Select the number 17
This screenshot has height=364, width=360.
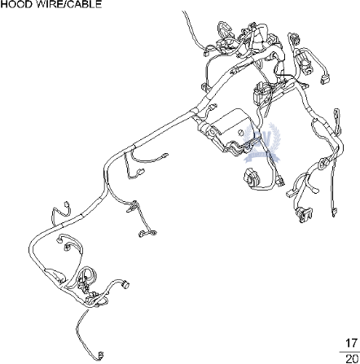(x=351, y=344)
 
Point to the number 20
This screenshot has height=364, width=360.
(x=352, y=359)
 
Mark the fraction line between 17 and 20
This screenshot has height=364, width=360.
(x=350, y=352)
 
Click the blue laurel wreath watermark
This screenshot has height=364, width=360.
(x=262, y=143)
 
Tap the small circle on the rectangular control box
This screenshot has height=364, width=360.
(x=240, y=133)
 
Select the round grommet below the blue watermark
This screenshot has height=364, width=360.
(x=252, y=178)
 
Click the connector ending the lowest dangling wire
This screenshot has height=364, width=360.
(x=101, y=355)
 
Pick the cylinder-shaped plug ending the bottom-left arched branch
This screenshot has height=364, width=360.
(x=125, y=284)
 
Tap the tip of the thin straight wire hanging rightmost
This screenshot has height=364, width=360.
(x=334, y=213)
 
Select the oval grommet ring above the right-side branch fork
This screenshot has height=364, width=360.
(x=322, y=164)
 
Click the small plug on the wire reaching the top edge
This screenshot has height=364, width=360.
(x=208, y=51)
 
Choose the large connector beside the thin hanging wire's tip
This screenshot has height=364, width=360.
(x=305, y=213)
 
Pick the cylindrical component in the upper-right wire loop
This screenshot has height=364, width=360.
(x=306, y=62)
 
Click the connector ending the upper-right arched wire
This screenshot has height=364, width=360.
(x=324, y=79)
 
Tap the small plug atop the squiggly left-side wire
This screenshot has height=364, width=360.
(x=66, y=204)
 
